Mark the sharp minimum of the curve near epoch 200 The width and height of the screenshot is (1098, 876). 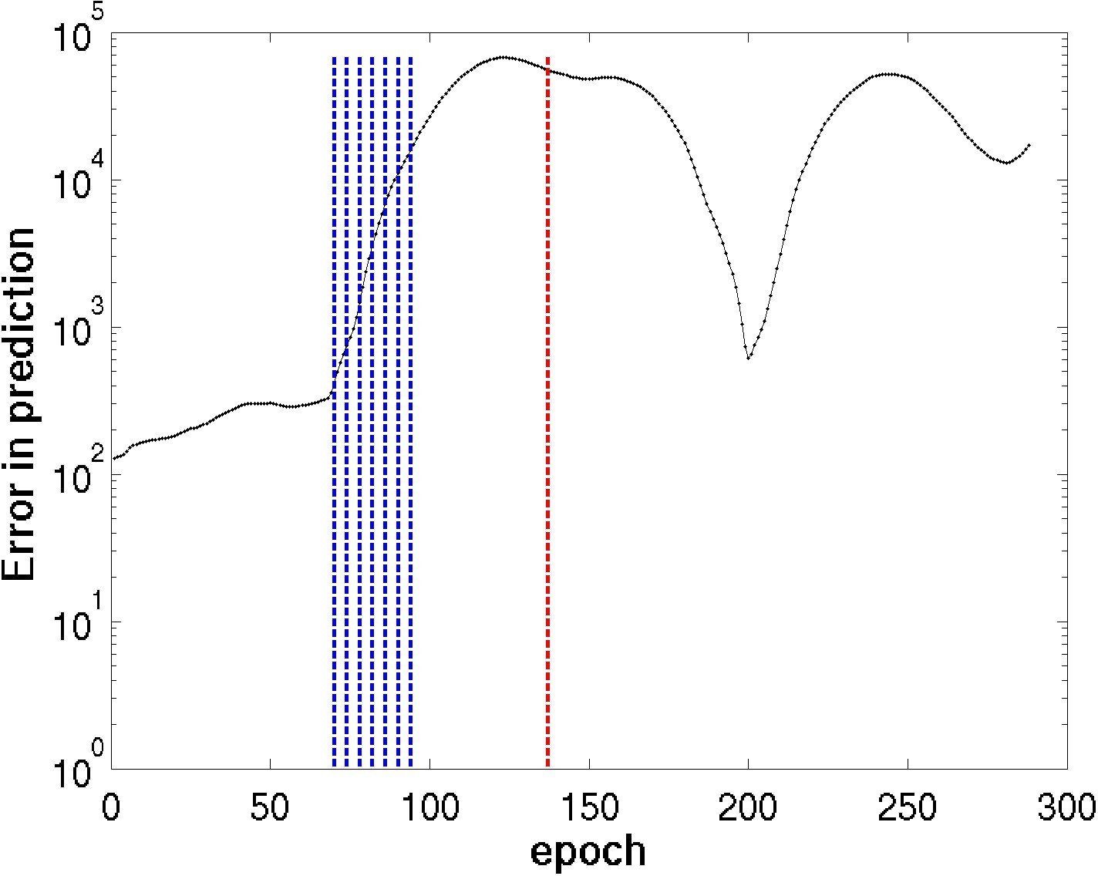[748, 358]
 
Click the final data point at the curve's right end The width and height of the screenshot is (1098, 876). [1029, 145]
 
